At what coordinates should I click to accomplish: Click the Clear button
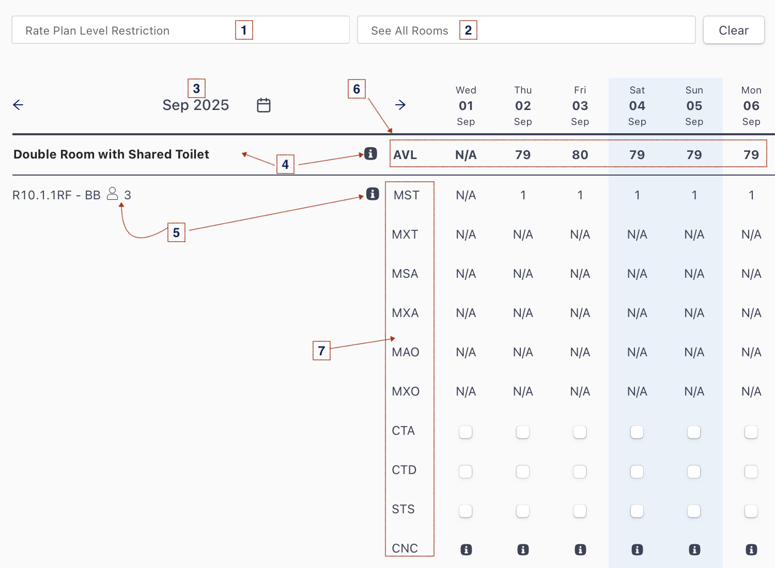(734, 30)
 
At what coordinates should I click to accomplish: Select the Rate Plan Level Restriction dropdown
(181, 30)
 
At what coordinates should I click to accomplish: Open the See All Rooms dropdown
(526, 30)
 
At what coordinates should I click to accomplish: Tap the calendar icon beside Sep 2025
(263, 105)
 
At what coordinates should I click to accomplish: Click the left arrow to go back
(18, 105)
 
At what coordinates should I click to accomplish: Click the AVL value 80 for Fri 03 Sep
(580, 154)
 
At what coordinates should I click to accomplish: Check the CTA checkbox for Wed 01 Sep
(466, 432)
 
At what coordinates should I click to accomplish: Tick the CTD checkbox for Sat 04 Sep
(637, 471)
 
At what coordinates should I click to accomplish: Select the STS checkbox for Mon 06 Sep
(751, 511)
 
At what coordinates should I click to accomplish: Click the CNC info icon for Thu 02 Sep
(523, 550)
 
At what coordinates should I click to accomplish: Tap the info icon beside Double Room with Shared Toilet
(370, 153)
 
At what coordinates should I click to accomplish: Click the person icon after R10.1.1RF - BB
(112, 194)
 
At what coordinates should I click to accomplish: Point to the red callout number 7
(321, 351)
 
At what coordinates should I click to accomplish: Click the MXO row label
(406, 391)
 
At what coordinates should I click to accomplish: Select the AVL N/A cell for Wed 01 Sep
(466, 154)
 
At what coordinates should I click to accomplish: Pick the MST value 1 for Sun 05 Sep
(694, 195)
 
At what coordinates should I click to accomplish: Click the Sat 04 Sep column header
(637, 106)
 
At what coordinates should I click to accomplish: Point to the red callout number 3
(196, 88)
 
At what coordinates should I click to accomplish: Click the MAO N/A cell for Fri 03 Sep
(580, 352)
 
